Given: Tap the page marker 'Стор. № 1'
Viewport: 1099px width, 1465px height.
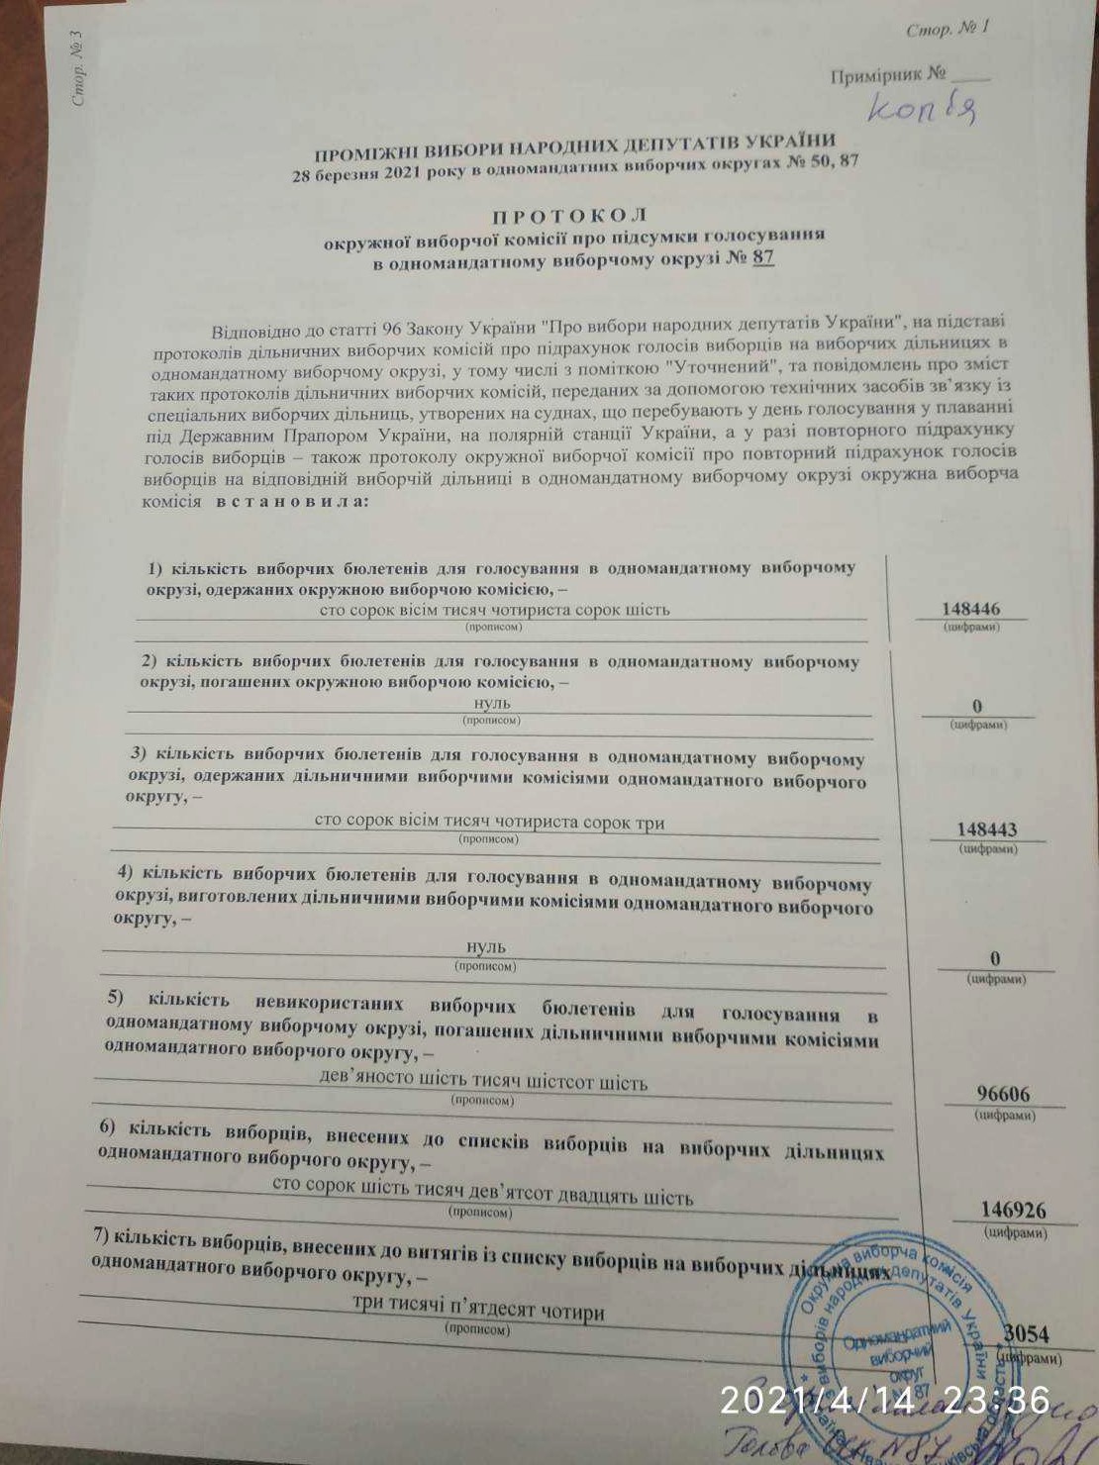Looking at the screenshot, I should (948, 29).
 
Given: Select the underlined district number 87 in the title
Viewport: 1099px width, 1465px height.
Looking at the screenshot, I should (762, 257).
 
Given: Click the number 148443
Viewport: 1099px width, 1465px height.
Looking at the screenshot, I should (986, 830).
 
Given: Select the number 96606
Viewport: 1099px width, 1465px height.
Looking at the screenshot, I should (1003, 1094).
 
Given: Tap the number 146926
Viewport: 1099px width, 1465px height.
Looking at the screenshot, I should (1013, 1210).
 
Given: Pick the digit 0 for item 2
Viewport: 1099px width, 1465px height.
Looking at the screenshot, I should (977, 706).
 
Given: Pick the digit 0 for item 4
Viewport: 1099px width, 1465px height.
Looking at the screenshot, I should (995, 958).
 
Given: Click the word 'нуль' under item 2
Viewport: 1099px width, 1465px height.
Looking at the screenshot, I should (492, 702).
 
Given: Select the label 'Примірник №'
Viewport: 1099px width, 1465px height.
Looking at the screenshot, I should (888, 75).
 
